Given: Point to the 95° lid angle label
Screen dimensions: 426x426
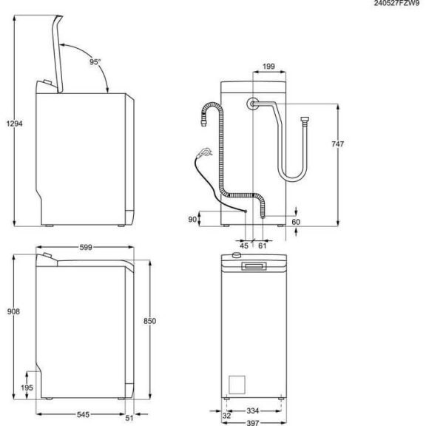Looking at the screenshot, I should click(x=94, y=63).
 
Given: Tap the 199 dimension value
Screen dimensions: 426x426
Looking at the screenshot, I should click(x=269, y=67).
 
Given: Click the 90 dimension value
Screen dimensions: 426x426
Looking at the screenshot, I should click(x=193, y=219).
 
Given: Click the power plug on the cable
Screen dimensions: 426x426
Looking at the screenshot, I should click(x=205, y=154).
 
